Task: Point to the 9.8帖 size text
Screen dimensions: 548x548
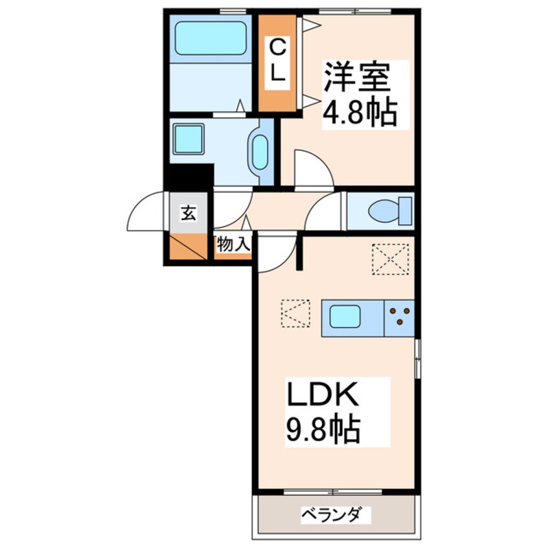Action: (322, 428)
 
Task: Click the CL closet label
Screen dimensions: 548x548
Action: (277, 61)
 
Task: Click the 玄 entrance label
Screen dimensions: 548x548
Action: (187, 211)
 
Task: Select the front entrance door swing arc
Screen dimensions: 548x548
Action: (148, 212)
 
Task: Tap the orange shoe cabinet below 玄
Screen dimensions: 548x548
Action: (187, 247)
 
